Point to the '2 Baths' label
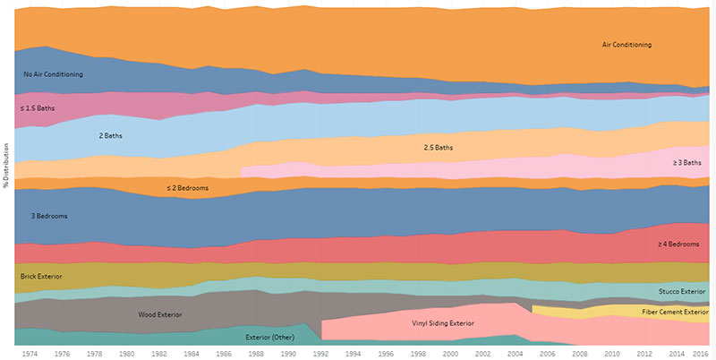click(110, 136)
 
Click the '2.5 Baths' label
click(437, 147)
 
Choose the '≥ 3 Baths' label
click(687, 163)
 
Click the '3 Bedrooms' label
click(49, 217)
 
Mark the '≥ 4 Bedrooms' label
click(678, 244)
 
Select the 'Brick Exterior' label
click(41, 277)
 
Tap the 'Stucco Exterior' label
click(682, 292)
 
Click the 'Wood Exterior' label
click(160, 315)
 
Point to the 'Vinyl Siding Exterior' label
click(443, 322)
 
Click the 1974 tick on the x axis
click(30, 354)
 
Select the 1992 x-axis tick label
click(320, 354)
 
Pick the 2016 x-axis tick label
click(702, 354)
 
